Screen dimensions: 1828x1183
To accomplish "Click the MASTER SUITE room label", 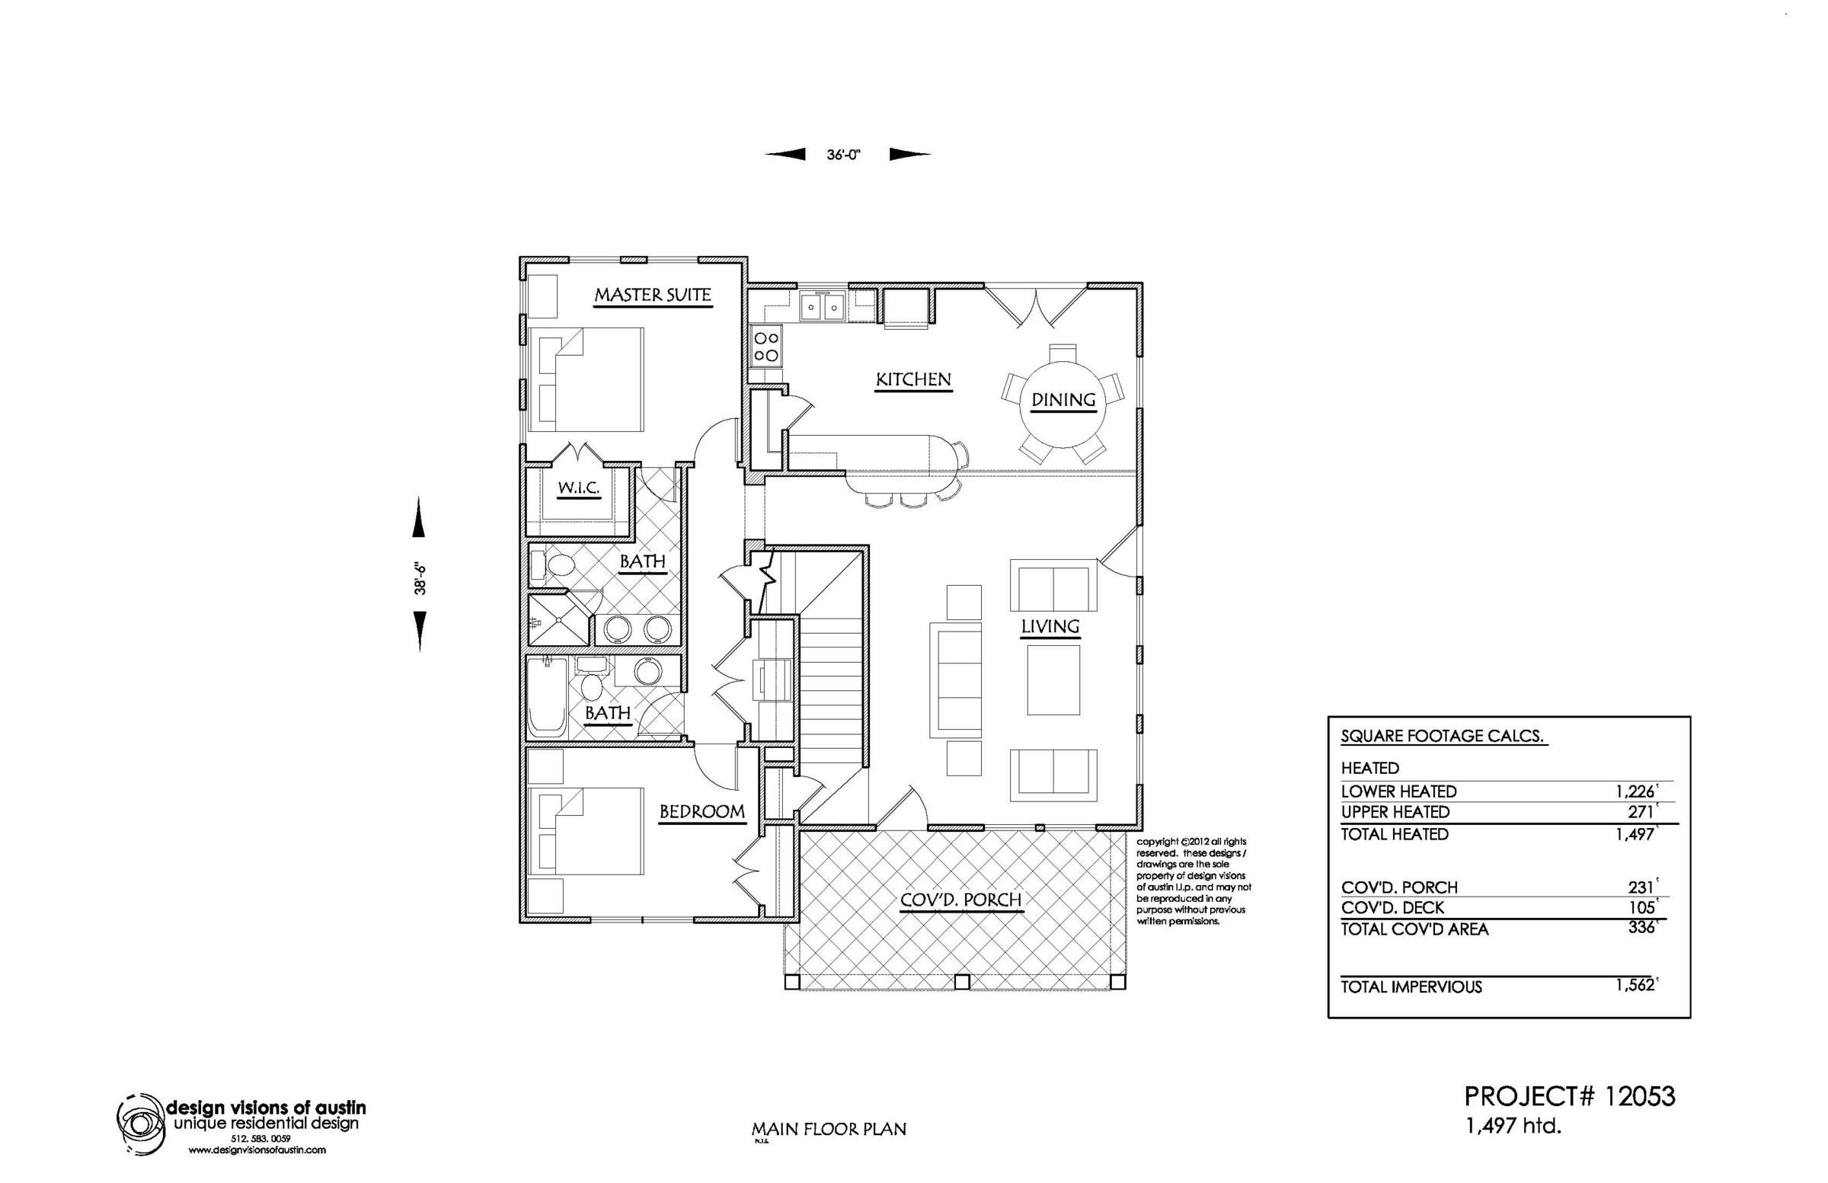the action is (x=653, y=295).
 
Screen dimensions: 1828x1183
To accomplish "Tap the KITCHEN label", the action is (x=913, y=379).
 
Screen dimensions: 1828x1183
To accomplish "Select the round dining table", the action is (x=1064, y=400).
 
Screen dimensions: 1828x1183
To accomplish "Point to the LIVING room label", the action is (x=1050, y=627).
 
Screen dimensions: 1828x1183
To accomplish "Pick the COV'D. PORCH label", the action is (x=961, y=900).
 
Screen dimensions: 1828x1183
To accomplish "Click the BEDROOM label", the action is (x=702, y=812).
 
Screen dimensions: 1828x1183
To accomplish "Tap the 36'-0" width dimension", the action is (x=843, y=155).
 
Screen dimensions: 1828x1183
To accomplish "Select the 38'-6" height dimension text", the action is (x=420, y=578).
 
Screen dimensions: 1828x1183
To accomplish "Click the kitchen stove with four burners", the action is (x=766, y=346).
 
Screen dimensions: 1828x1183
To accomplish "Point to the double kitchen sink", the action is (x=822, y=307).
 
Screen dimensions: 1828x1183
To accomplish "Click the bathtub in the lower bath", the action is (x=548, y=698).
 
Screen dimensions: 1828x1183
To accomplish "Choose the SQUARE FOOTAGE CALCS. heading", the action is (x=1443, y=736).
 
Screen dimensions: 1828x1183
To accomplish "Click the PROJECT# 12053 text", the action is (x=1570, y=1096).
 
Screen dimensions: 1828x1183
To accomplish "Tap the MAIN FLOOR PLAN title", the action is (x=829, y=1129).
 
